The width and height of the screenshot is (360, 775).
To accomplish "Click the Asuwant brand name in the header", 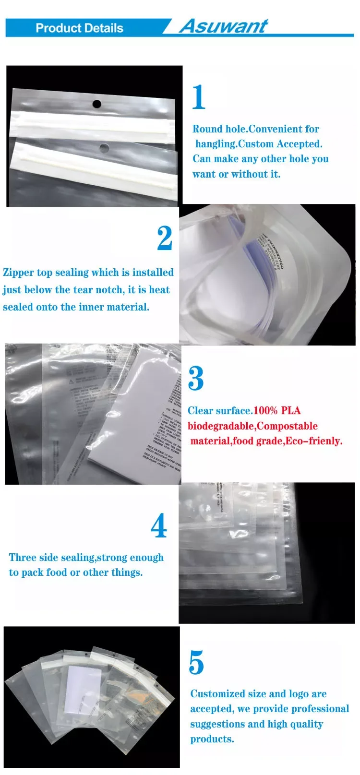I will pos(223,26).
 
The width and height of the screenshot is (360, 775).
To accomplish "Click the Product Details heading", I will pos(79,28).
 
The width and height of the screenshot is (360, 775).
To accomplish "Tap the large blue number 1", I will pos(198,97).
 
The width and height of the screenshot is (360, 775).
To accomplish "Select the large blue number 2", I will pos(165,238).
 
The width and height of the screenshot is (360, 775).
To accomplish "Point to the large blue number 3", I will pos(196,379).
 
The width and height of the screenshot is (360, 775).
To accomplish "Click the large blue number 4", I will pos(159,526).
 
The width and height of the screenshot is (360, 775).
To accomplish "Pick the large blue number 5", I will pos(196,663).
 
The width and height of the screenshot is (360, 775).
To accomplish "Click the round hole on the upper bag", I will pos(97,104).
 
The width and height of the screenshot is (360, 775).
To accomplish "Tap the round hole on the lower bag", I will pos(104,146).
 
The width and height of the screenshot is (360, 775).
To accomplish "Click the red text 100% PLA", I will pos(277,411).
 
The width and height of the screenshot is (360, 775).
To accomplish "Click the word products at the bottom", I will pos(212,739).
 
